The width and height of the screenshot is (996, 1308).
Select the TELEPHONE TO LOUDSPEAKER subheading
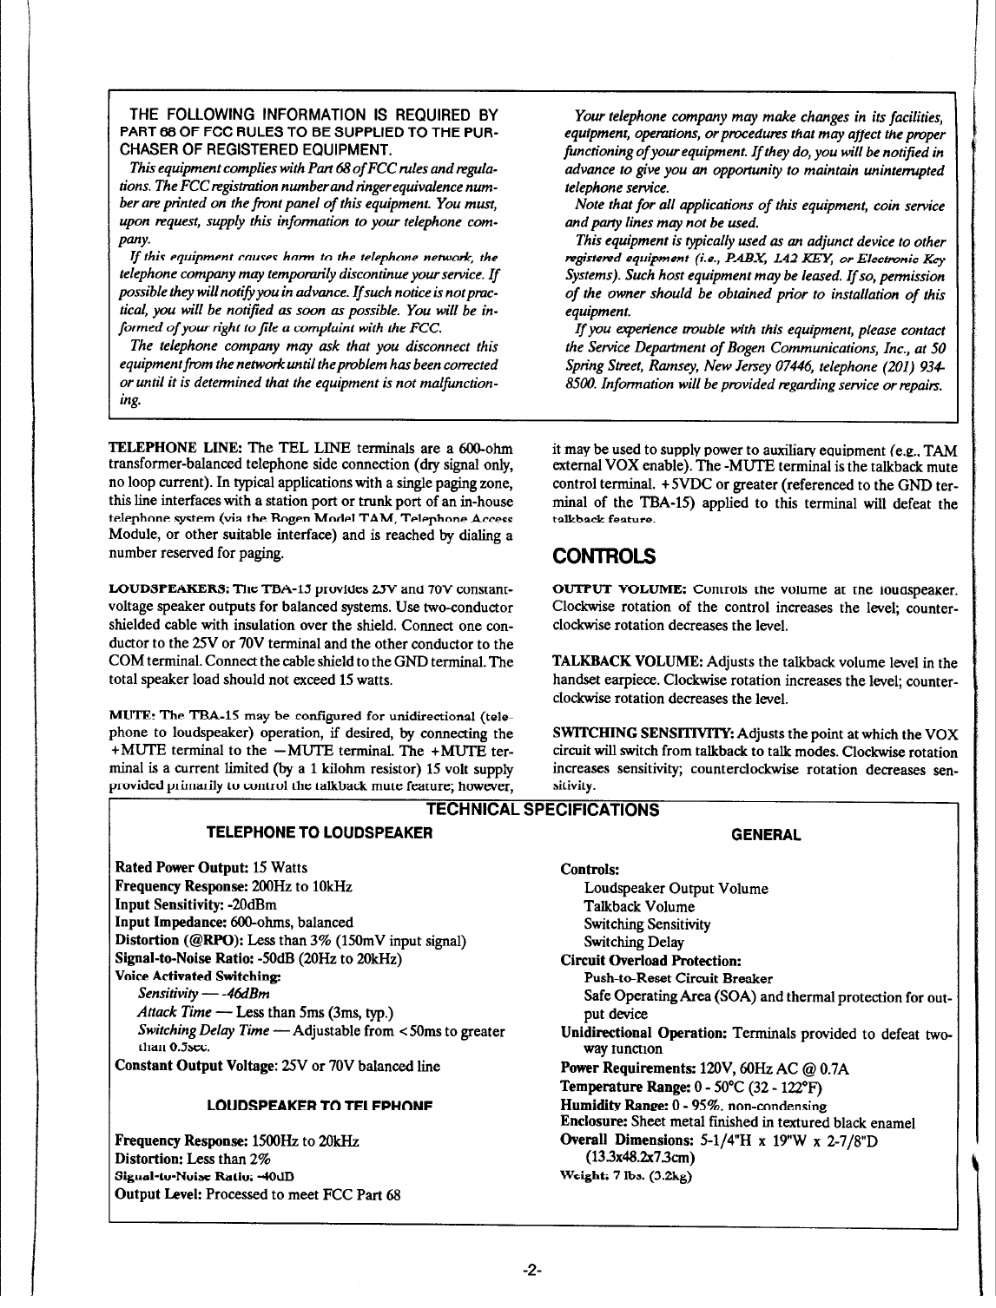(320, 834)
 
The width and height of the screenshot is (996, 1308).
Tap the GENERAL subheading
(766, 835)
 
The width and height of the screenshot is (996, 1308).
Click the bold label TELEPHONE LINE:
(176, 448)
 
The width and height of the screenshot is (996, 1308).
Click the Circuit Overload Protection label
(650, 961)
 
